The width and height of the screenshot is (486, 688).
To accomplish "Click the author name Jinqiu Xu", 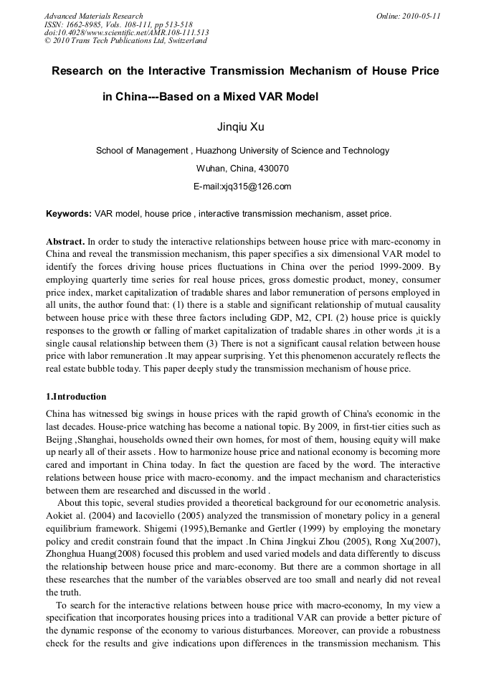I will (x=240, y=128).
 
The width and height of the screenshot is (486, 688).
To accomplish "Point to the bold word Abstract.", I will (x=65, y=241).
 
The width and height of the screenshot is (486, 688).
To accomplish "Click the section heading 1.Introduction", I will (x=76, y=397).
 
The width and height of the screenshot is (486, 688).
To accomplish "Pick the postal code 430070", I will (x=272, y=169).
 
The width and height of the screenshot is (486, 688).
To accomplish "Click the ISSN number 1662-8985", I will (x=82, y=24).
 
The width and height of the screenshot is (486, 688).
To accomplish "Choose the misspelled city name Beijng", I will (x=60, y=438).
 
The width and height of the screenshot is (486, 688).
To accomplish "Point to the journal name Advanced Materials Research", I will (x=94, y=16).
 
